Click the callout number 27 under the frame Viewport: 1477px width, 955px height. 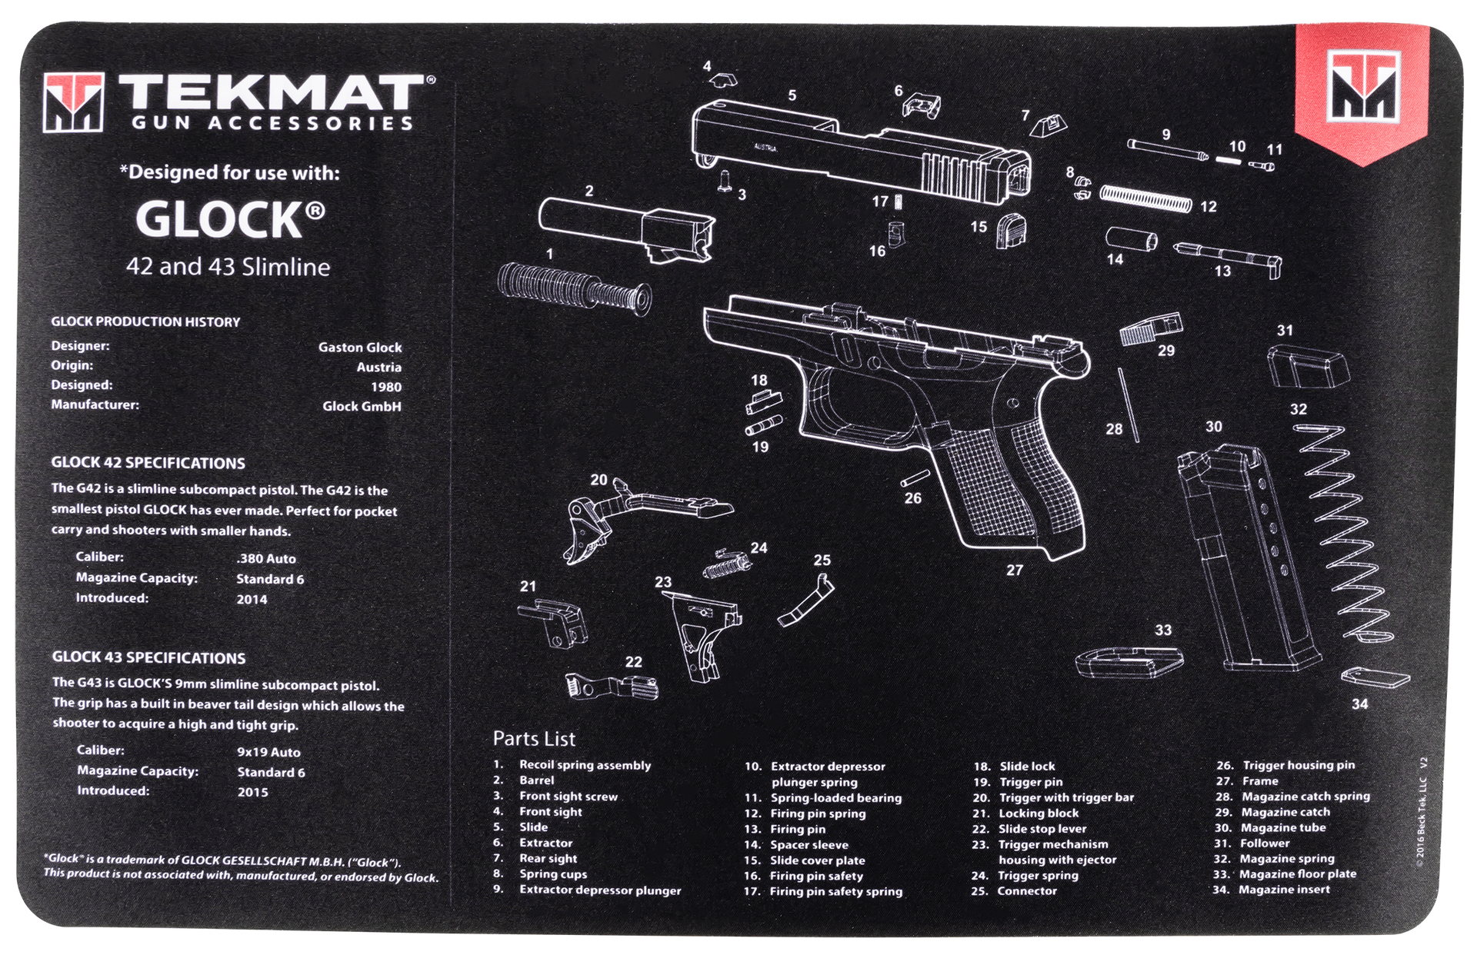pyautogui.click(x=1015, y=570)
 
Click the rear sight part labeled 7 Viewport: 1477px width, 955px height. pyautogui.click(x=1051, y=125)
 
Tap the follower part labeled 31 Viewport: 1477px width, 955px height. pyautogui.click(x=1307, y=367)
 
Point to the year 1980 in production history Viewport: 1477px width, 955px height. pyautogui.click(x=385, y=387)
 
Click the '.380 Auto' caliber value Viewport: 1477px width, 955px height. pyautogui.click(x=266, y=559)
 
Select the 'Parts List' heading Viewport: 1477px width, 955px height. pyautogui.click(x=534, y=739)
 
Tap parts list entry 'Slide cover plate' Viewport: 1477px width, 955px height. pyautogui.click(x=817, y=860)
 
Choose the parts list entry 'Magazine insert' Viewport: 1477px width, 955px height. pyautogui.click(x=1285, y=890)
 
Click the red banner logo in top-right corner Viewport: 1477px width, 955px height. pyautogui.click(x=1361, y=88)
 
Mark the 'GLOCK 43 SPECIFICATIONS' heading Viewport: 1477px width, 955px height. pyautogui.click(x=148, y=658)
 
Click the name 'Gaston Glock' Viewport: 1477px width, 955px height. pyautogui.click(x=360, y=348)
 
